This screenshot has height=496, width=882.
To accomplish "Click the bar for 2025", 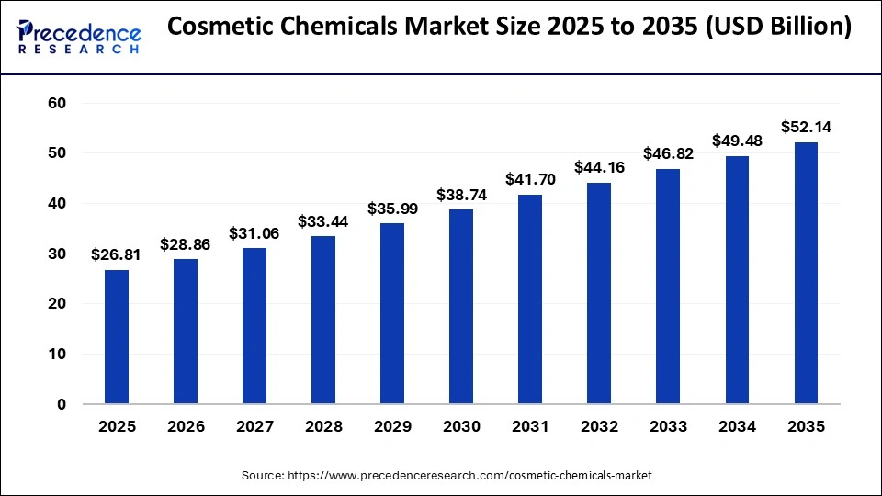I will point(117,336).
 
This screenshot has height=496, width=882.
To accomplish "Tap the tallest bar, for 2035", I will point(806,273).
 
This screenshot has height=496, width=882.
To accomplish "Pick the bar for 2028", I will point(323,320).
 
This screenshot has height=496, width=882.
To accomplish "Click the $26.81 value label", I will point(117,254).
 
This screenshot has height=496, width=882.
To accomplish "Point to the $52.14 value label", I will point(806,127).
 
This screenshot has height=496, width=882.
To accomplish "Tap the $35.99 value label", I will point(392,208).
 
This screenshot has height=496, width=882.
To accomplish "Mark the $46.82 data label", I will point(668,153).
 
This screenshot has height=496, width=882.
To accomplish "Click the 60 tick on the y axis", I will point(57,103).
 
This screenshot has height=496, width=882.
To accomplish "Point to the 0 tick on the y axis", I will point(62,404).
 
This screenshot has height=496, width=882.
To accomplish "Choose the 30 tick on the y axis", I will point(57,254).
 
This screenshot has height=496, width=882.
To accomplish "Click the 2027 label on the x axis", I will point(254,427).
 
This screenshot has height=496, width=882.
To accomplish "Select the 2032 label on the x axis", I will point(599,427).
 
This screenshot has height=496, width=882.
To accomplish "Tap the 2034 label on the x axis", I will point(737,427).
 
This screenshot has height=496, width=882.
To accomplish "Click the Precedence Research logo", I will point(78,35).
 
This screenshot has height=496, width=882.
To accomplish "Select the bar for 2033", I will point(668,287).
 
